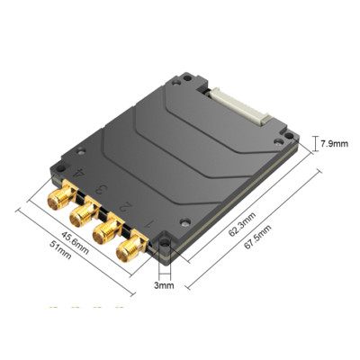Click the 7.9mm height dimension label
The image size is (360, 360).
coord(334,143)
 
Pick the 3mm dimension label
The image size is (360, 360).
coord(163,286)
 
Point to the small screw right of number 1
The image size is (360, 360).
coord(181,220)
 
